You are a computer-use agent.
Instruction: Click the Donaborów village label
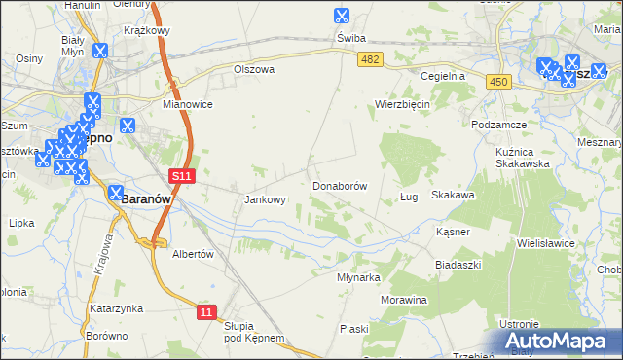point(339,185)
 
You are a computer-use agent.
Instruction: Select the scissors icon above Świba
point(341,16)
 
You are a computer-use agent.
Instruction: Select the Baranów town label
point(146,198)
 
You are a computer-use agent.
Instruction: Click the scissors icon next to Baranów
point(116,194)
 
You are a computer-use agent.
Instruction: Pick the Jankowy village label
point(264,200)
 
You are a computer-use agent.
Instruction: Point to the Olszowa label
point(254,70)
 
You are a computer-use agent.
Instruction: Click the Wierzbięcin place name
point(402,104)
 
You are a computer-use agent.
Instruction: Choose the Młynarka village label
point(357,276)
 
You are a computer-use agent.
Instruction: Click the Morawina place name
point(404,300)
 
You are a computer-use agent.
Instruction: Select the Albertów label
point(192,254)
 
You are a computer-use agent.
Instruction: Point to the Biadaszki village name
point(458,265)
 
